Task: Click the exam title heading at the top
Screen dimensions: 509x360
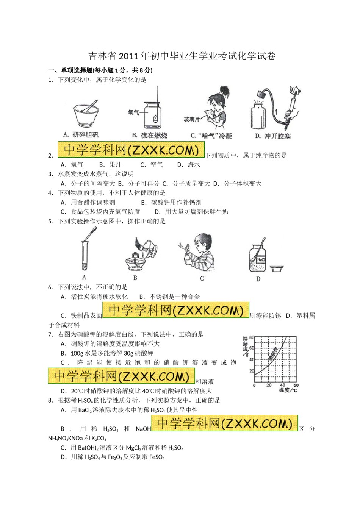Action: [x=182, y=56]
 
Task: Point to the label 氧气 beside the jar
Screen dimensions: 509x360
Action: [x=133, y=112]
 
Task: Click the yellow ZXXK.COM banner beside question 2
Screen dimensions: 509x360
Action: [x=131, y=150]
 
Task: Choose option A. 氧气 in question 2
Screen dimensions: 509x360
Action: [x=72, y=165]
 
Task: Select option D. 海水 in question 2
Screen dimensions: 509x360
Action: [x=189, y=165]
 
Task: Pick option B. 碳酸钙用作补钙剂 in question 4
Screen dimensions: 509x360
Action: [x=171, y=202]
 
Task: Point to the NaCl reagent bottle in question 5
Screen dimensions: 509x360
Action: [x=258, y=258]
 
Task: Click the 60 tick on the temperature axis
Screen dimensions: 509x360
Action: [x=296, y=385]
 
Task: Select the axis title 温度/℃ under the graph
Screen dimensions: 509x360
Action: [x=288, y=390]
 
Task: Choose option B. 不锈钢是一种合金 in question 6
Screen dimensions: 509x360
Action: [x=169, y=297]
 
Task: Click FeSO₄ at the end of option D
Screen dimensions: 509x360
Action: [x=157, y=457]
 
